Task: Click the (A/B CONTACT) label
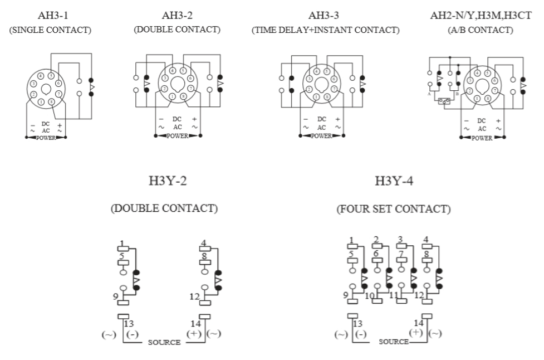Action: point(480,30)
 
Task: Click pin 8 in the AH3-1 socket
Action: point(51,102)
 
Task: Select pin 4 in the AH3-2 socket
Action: point(173,71)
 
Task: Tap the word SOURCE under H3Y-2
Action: point(164,342)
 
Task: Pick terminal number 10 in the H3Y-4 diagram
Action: point(369,296)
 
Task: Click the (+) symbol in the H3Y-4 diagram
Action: point(415,332)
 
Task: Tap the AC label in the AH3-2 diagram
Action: point(177,127)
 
